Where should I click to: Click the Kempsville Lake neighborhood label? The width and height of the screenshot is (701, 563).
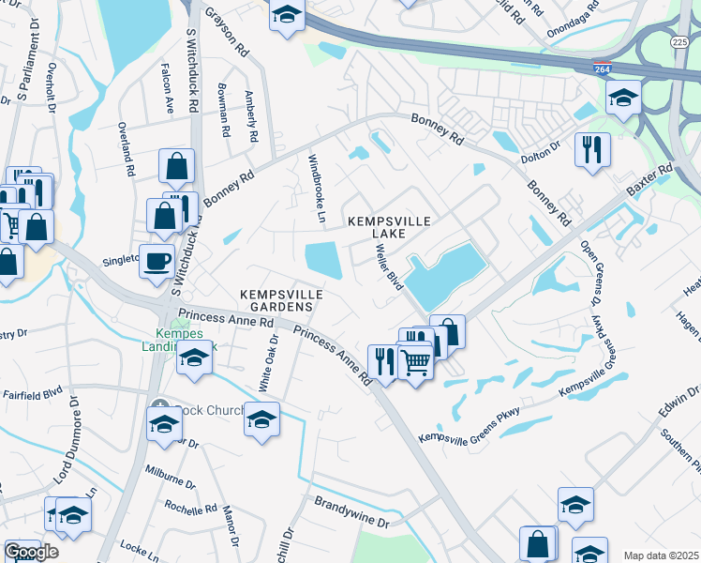[x=389, y=226]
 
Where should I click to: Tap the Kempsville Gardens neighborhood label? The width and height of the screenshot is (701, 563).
[x=281, y=300]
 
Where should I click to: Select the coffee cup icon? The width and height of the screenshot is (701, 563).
[x=157, y=260]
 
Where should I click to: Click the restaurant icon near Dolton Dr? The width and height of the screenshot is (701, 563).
[x=592, y=148]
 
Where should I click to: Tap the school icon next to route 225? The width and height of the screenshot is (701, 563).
[x=622, y=97]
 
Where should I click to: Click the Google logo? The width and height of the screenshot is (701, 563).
[x=31, y=552]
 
